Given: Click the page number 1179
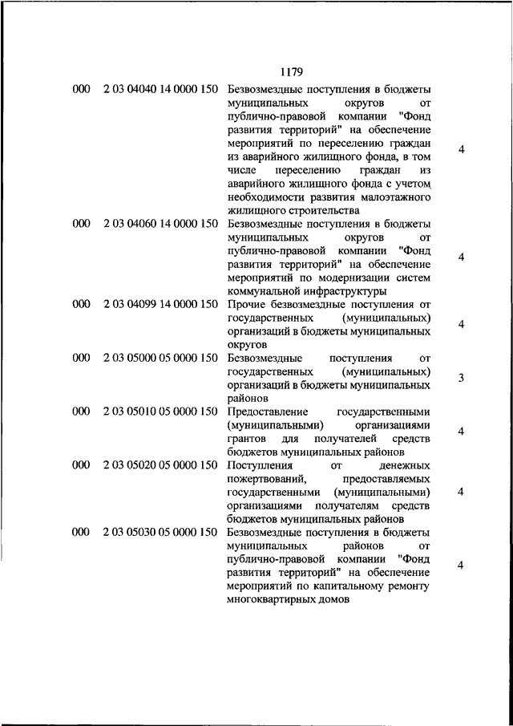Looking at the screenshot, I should [x=291, y=71].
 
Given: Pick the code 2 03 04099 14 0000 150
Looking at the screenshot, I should [x=160, y=305].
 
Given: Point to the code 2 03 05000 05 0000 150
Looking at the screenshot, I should [x=160, y=358].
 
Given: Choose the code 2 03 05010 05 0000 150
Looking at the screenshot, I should [x=160, y=412].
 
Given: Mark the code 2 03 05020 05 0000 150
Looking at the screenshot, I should [x=160, y=465].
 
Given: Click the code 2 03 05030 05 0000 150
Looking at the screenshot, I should [x=160, y=532].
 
